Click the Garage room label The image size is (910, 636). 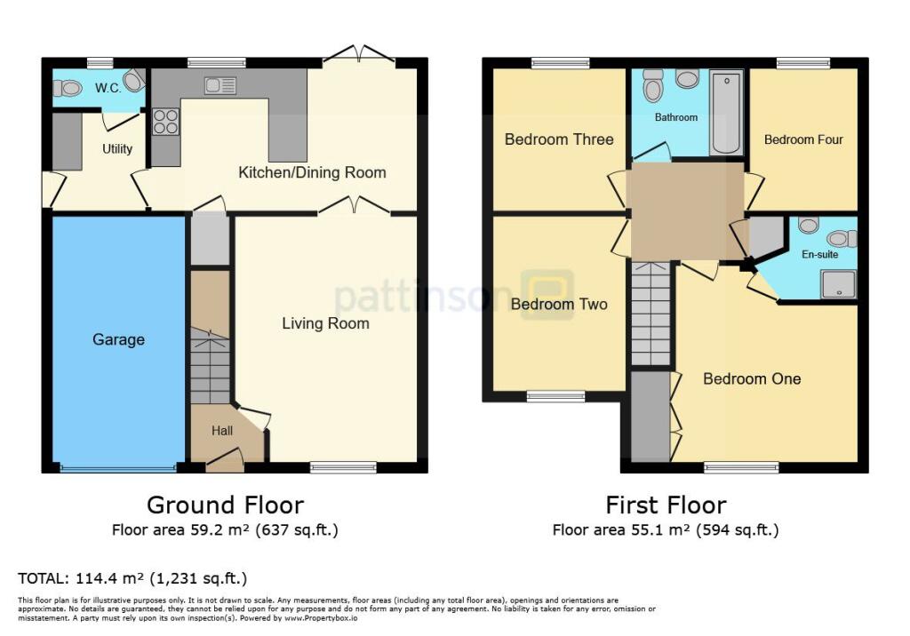pos(118,339)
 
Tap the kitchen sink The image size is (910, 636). pos(220,85)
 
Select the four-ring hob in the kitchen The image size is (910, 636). pos(165,122)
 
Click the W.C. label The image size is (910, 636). pos(108,88)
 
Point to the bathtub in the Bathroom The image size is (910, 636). pos(726,114)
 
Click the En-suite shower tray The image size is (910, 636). pos(840,282)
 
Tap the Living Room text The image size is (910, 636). pos(325,323)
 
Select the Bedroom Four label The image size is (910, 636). pos(803,139)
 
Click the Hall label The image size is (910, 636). pos(221,431)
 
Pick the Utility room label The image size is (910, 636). pos(117,148)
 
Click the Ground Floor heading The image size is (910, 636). pos(225,505)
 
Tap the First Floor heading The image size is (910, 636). pos(666,505)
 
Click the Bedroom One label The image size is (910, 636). pos(752,378)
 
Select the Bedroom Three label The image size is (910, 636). pos(558,139)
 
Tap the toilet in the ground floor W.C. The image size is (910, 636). pos(68,88)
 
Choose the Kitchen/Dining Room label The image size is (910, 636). pos(312,172)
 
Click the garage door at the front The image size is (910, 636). pos(118,466)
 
